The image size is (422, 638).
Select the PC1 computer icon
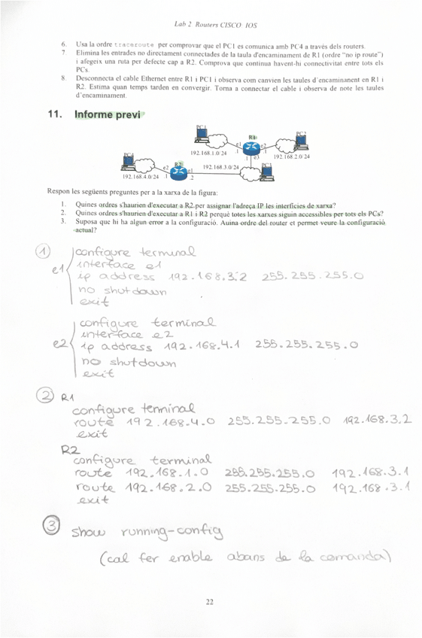[x=201, y=135]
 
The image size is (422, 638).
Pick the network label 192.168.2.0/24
[x=291, y=156]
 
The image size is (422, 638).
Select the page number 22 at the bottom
[x=210, y=601]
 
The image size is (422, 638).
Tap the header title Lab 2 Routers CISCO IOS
[x=210, y=24]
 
